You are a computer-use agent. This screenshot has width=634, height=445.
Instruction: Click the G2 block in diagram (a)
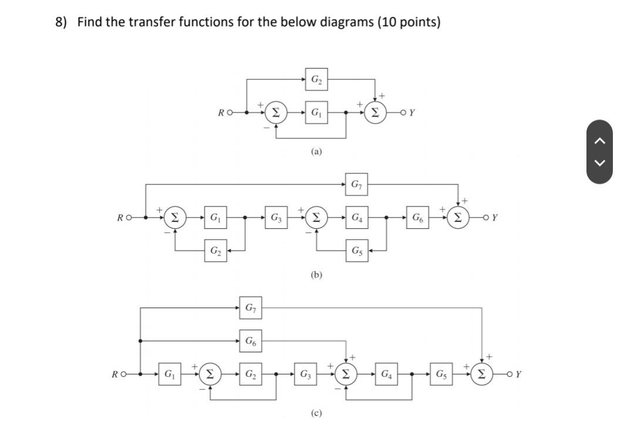[316, 79]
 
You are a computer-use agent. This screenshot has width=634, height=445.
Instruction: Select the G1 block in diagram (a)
[316, 112]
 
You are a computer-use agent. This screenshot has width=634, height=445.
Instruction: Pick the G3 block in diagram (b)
[275, 218]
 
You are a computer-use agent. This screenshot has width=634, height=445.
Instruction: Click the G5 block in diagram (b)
[356, 251]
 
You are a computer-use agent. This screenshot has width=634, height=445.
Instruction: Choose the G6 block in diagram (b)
[417, 218]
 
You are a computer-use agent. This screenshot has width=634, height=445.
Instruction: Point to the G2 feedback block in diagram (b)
[216, 251]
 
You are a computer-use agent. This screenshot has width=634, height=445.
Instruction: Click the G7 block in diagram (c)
[250, 307]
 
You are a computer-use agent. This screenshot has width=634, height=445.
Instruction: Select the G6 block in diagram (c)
[250, 341]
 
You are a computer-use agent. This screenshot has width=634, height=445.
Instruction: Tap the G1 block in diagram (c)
[169, 373]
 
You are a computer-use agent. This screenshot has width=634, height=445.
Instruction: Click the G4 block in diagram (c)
[387, 373]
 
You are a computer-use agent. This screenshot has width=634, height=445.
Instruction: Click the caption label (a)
[316, 151]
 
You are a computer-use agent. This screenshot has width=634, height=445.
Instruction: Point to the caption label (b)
[316, 274]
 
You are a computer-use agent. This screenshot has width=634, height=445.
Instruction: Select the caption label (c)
[316, 413]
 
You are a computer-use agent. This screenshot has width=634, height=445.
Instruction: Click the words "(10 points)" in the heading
[409, 22]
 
